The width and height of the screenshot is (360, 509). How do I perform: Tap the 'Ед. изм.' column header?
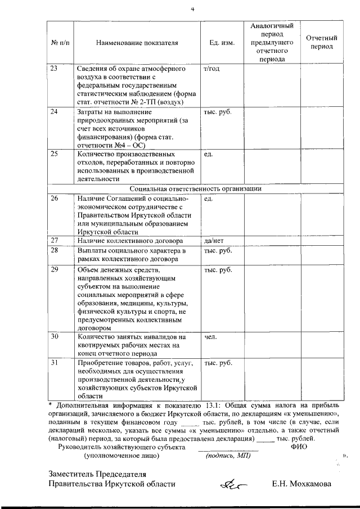coord(218,43)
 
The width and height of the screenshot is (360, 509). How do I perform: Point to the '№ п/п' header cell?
coord(60,43)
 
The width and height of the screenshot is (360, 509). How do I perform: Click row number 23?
coord(55,69)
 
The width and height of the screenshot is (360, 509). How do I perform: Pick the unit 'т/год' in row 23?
coord(211,69)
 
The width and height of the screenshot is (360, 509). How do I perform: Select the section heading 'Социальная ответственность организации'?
coord(195,189)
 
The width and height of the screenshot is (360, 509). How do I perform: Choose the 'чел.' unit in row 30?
coord(211,337)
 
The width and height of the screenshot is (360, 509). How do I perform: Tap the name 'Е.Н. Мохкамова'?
coord(301,483)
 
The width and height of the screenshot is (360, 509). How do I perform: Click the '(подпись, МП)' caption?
coord(228,456)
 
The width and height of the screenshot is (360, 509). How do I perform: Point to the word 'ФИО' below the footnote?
coord(300,447)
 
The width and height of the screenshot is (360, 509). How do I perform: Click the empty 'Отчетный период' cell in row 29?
coord(321,298)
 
